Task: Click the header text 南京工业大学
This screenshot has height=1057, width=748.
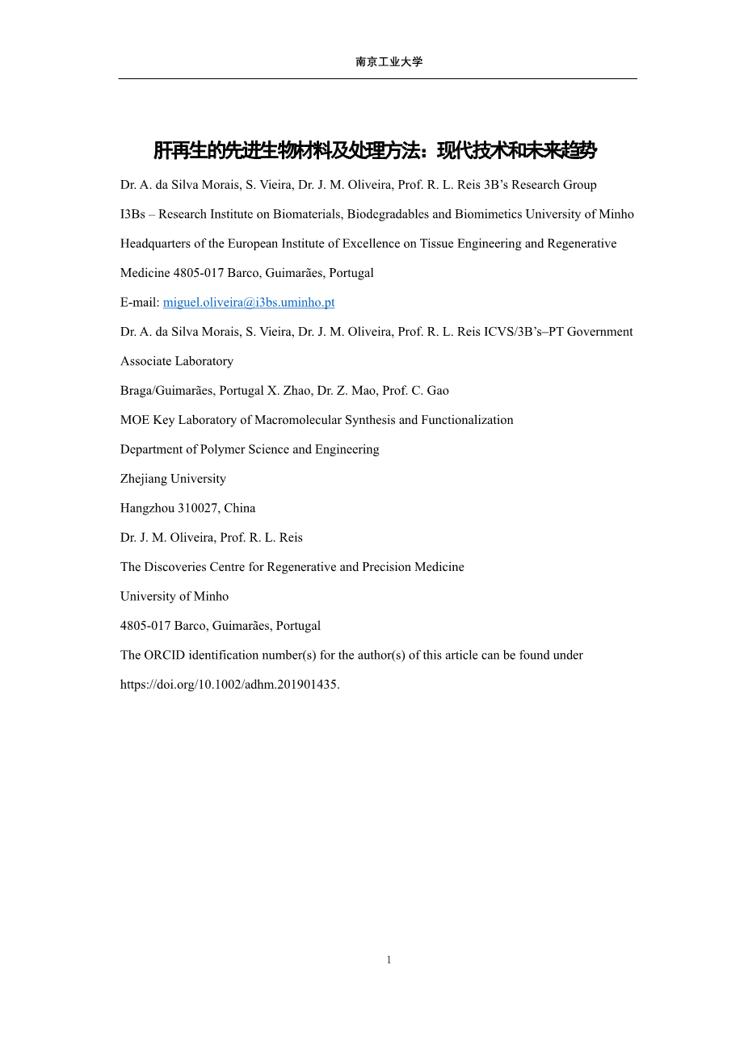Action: click(389, 62)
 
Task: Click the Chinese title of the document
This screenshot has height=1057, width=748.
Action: click(375, 151)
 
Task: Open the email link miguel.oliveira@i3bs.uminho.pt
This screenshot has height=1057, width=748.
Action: click(249, 303)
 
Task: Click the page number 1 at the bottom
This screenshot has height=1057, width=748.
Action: click(389, 960)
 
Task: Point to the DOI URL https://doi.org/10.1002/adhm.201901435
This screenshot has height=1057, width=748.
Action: click(229, 685)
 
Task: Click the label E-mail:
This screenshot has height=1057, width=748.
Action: click(140, 303)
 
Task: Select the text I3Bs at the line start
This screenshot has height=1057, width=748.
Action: click(132, 215)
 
